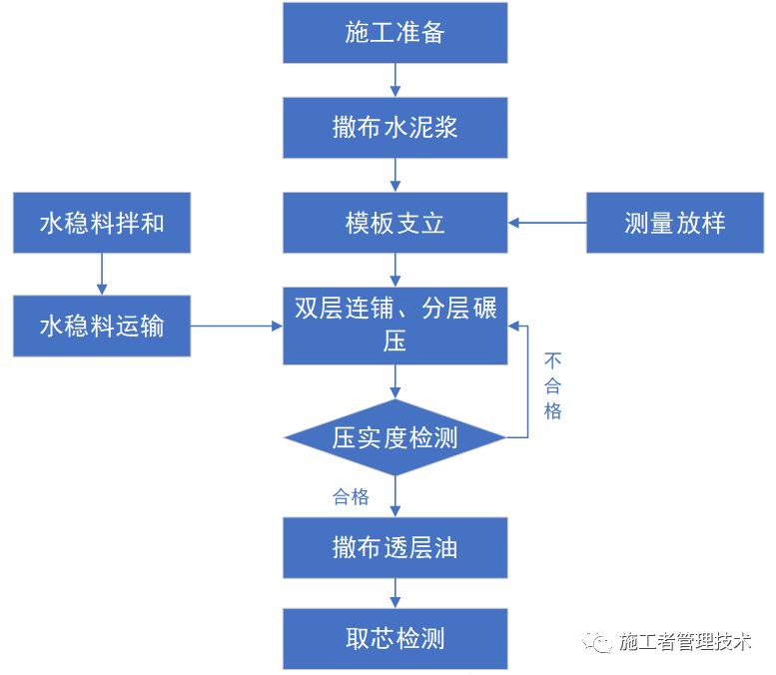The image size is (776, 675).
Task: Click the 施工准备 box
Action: (395, 33)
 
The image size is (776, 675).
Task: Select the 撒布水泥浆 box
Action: (395, 127)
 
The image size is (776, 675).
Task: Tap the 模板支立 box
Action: (395, 223)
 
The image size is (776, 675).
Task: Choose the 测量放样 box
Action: (674, 223)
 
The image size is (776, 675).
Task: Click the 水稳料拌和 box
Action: (101, 223)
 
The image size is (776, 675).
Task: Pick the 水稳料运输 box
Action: (101, 326)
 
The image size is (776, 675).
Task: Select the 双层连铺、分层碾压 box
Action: (395, 325)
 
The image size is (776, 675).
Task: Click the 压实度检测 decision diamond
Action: (395, 437)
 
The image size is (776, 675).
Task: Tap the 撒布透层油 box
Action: (395, 548)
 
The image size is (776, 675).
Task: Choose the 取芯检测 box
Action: (395, 639)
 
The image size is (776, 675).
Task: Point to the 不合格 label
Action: (552, 385)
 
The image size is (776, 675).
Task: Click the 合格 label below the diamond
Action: (351, 496)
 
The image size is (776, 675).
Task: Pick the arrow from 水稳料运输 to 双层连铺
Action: (237, 326)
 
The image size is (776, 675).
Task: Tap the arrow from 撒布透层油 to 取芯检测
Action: (395, 594)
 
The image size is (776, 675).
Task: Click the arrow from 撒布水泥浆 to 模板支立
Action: (395, 175)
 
